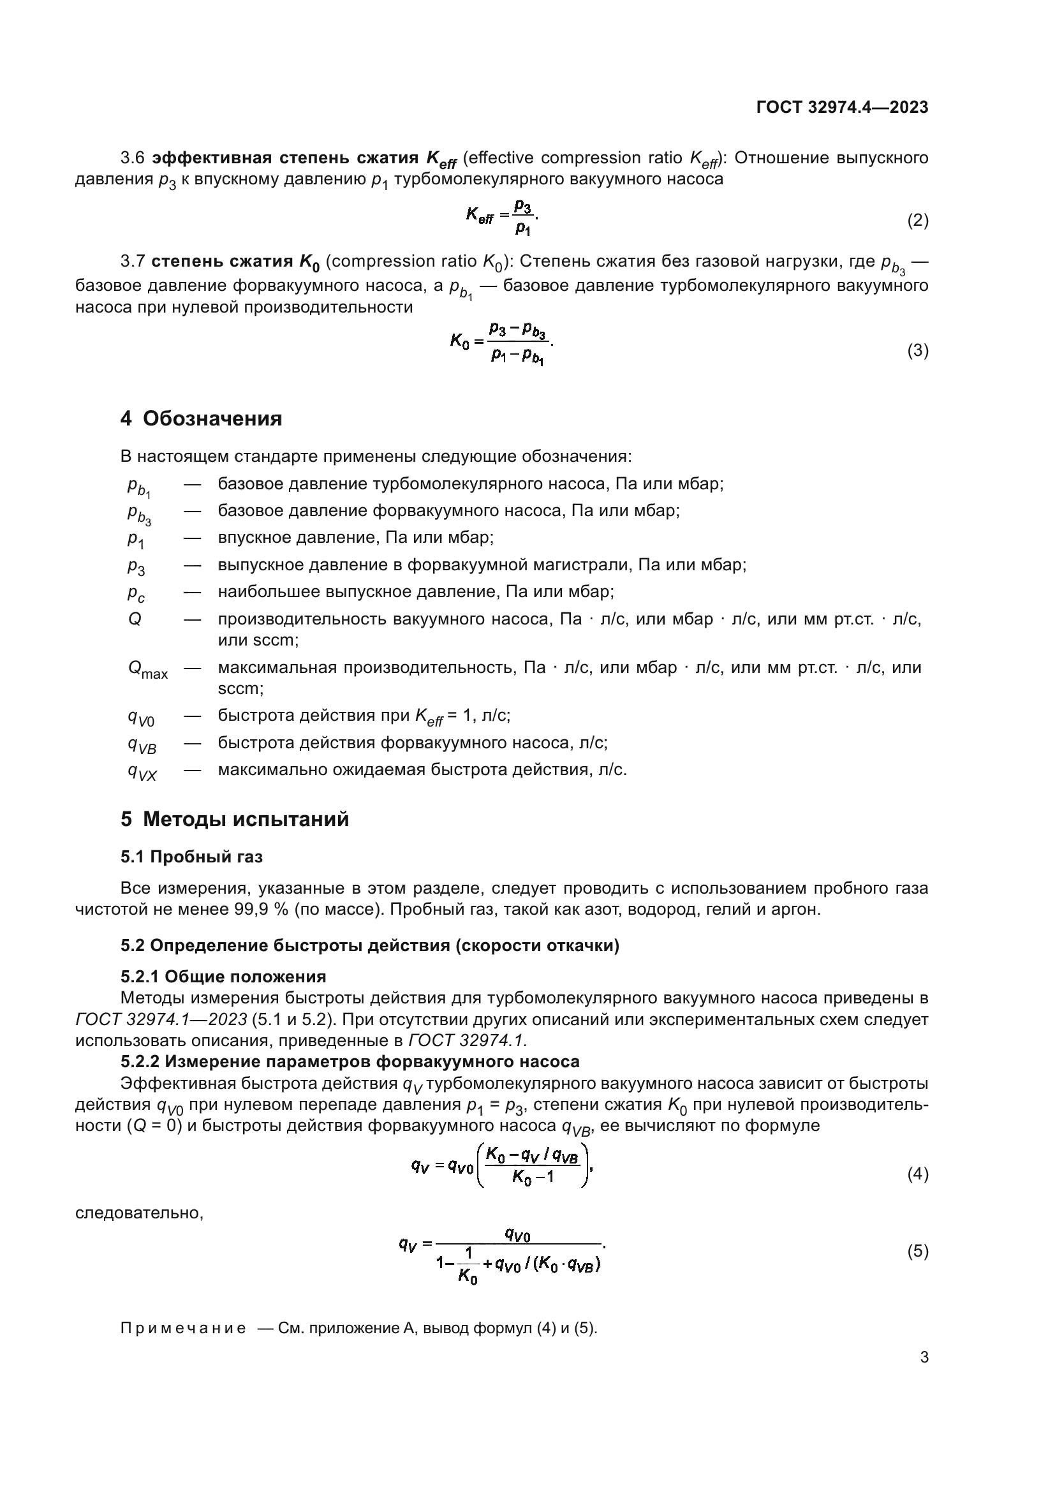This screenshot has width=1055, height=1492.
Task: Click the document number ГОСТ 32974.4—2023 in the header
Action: point(842,107)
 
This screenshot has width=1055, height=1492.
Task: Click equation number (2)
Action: point(917,220)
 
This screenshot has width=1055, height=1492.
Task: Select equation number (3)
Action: point(917,351)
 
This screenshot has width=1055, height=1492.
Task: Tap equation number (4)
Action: point(917,1174)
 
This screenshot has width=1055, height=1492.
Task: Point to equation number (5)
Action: point(917,1251)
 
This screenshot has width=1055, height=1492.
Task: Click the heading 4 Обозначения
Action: point(201,418)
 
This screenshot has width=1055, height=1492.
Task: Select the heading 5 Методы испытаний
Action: point(235,819)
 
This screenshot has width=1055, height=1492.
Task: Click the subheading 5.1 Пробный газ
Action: point(191,857)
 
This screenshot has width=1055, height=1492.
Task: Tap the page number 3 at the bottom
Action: point(924,1357)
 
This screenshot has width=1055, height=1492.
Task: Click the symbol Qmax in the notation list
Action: point(147,669)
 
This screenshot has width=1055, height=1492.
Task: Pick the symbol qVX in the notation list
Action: point(142,772)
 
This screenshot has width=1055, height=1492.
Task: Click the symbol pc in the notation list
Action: point(136,593)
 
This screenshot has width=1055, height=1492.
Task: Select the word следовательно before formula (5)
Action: point(139,1213)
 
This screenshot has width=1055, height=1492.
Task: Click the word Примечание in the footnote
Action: point(183,1328)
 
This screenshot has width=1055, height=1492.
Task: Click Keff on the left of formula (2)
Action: point(480,216)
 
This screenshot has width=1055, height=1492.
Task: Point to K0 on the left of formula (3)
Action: point(459,341)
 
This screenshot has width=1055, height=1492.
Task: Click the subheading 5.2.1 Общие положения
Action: point(223,977)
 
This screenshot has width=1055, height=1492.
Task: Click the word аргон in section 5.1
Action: point(796,909)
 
